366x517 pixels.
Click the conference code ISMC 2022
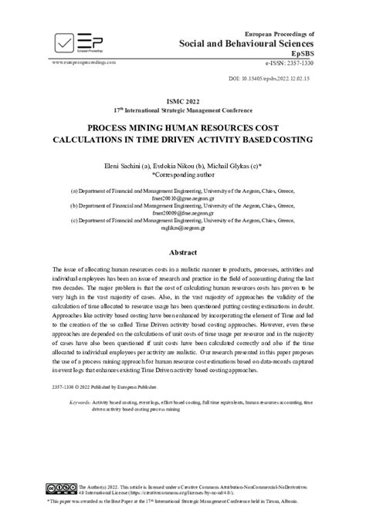183,101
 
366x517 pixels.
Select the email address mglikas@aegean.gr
183,228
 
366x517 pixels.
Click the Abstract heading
183,252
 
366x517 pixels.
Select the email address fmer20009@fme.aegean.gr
183,212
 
